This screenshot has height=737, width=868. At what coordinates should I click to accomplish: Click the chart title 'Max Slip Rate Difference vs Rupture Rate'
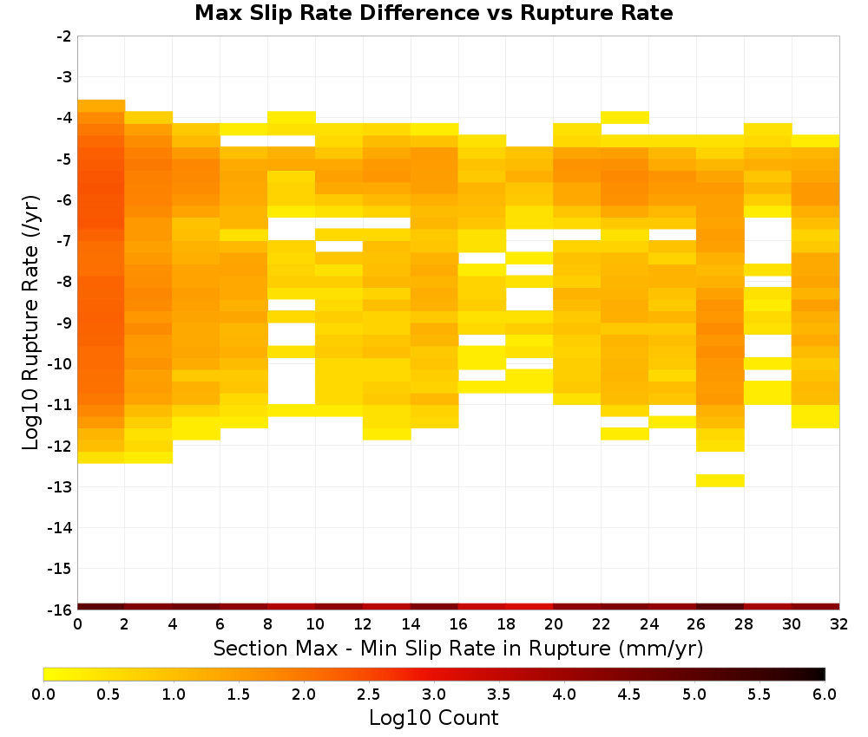click(x=433, y=13)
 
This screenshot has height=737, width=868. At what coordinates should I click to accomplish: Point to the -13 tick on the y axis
click(x=76, y=487)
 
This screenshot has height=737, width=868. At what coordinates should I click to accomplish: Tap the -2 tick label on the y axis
click(x=64, y=36)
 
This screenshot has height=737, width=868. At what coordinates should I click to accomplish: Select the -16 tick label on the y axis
click(x=61, y=610)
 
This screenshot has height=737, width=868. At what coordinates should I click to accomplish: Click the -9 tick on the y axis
click(x=76, y=323)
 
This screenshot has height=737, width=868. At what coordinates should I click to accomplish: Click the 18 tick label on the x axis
click(x=506, y=624)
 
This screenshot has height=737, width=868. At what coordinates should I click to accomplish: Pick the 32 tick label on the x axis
click(x=839, y=624)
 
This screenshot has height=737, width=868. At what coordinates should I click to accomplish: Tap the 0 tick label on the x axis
click(x=77, y=624)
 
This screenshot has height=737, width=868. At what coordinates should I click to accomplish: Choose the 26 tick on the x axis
click(x=696, y=611)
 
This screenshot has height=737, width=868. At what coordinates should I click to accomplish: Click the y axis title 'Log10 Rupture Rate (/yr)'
click(x=31, y=323)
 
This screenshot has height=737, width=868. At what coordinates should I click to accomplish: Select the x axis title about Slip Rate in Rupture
click(x=458, y=648)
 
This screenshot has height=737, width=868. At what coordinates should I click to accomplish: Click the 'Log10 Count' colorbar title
click(x=433, y=718)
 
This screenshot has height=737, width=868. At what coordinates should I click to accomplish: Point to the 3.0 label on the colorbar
click(x=434, y=695)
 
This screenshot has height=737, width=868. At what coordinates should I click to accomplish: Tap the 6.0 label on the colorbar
click(x=825, y=695)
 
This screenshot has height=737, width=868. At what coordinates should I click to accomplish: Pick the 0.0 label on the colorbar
click(x=43, y=695)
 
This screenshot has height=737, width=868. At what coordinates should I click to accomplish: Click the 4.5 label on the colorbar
click(x=628, y=695)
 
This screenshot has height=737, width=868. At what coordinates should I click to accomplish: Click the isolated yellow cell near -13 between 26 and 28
click(x=720, y=480)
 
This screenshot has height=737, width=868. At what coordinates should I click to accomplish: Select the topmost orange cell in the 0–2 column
click(x=102, y=106)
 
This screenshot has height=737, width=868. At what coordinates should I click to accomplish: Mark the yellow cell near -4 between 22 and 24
click(x=625, y=117)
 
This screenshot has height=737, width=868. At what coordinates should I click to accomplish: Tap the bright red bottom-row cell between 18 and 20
click(x=529, y=607)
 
